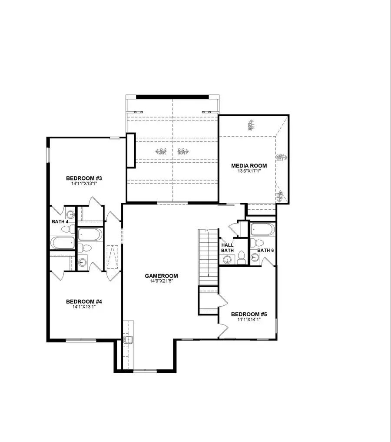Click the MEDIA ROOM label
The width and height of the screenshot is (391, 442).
[249, 166]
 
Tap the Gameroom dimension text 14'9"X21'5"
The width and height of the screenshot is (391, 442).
[162, 281]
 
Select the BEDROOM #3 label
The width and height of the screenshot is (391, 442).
[84, 178]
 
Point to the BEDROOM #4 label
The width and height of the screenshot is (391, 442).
[84, 301]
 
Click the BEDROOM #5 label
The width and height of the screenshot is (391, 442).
[249, 315]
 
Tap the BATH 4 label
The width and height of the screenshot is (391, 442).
[60, 222]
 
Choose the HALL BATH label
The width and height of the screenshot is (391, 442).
[228, 248]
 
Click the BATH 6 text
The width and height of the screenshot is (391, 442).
[265, 251]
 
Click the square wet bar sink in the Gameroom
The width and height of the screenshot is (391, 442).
[128, 340]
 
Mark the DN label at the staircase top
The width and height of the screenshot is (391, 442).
[207, 230]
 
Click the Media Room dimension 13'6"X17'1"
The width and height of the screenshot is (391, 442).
[249, 171]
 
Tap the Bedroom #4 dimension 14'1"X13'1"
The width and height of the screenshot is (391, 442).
[84, 307]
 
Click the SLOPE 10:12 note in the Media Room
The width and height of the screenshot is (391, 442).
[280, 157]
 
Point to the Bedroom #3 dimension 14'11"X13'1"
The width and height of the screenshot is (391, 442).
[84, 184]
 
